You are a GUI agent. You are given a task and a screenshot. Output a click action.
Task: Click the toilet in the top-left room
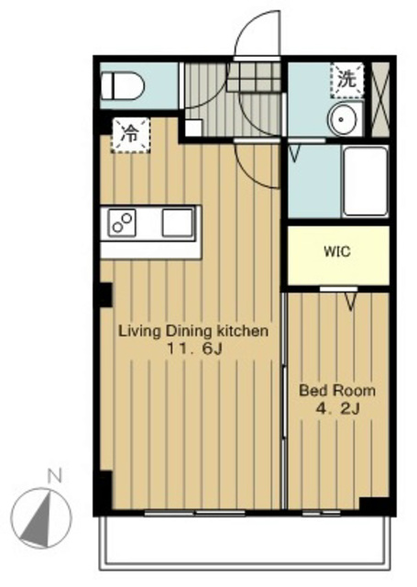123,85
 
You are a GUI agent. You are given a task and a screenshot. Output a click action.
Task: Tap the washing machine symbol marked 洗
347,80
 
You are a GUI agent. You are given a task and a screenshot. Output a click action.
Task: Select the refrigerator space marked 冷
130,135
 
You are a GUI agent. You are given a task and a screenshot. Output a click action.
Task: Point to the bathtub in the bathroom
366,182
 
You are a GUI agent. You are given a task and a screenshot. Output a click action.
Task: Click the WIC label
337,251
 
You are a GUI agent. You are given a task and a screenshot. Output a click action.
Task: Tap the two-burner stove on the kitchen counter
122,223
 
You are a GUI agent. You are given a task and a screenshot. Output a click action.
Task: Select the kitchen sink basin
178,223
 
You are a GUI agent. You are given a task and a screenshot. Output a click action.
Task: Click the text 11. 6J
194,349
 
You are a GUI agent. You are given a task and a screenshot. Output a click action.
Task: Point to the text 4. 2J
337,408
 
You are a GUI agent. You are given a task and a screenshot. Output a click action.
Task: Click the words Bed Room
337,391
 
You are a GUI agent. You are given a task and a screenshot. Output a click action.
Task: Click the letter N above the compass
54,477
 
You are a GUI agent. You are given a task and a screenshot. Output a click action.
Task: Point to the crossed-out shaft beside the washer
380,99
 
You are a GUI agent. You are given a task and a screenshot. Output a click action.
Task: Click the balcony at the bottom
245,543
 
